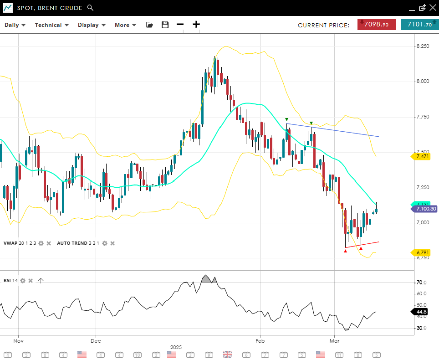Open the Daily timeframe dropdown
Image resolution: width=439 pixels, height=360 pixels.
click(15, 25)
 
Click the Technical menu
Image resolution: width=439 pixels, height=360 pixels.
click(51, 25)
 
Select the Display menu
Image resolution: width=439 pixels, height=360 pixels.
click(92, 25)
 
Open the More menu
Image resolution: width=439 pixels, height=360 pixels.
click(125, 25)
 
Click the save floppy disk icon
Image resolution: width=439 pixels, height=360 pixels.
click(165, 25)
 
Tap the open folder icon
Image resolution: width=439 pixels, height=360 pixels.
click(149, 25)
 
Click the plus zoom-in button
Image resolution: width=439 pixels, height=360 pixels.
click(196, 25)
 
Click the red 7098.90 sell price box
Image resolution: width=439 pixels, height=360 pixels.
click(376, 25)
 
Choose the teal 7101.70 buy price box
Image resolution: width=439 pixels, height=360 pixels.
click(419, 25)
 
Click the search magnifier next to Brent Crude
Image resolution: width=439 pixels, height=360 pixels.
click(90, 8)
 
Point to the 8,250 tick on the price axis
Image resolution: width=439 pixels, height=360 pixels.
click(423, 46)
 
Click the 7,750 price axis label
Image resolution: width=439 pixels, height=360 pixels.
click(423, 117)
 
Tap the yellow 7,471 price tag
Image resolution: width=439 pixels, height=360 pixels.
click(422, 156)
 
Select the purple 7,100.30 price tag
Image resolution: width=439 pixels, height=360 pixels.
click(425, 209)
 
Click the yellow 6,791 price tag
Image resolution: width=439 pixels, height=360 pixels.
click(422, 252)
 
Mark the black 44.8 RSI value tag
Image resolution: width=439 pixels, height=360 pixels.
click(421, 312)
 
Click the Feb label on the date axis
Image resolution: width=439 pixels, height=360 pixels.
click(260, 340)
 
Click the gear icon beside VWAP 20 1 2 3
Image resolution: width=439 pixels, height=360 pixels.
click(41, 243)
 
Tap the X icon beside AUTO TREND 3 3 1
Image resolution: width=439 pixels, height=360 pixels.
click(112, 243)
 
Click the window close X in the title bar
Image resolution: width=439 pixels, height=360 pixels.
click(432, 7)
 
